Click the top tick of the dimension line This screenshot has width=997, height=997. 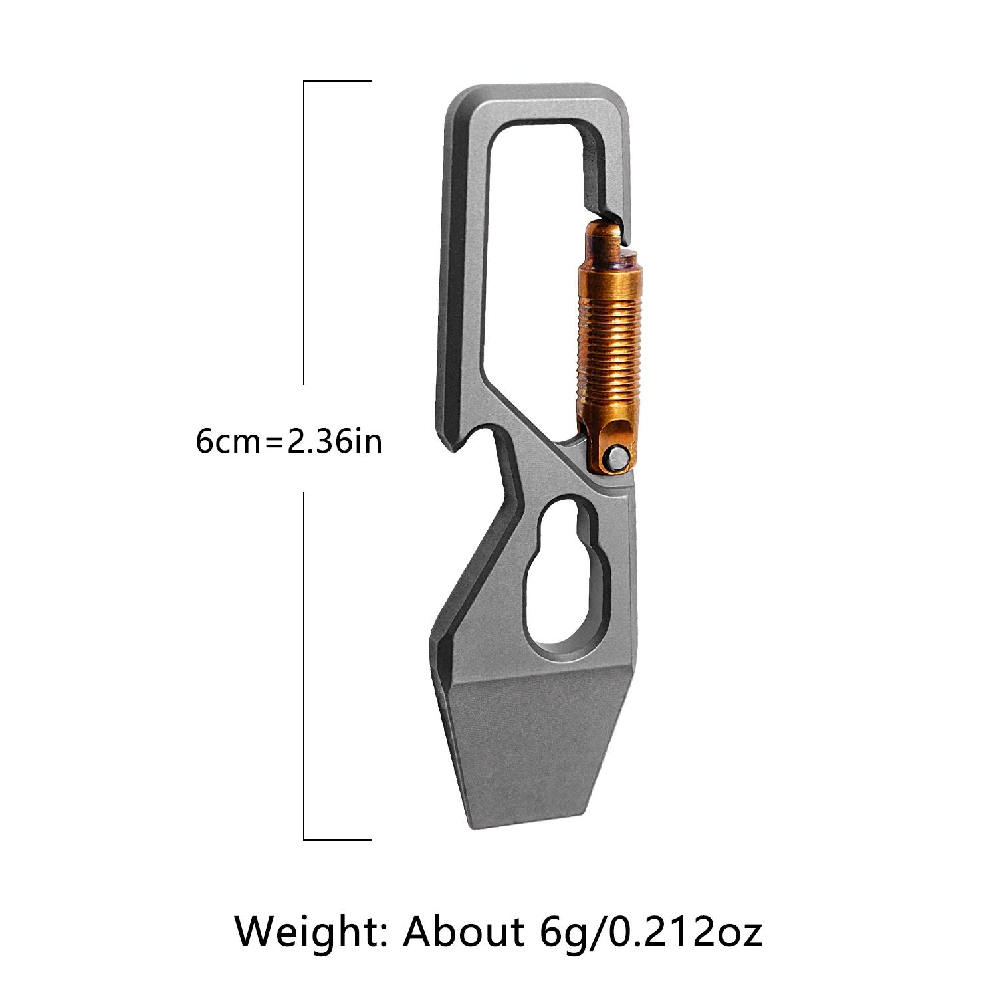[x=337, y=81]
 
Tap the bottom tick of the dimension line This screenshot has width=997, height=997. [x=337, y=839]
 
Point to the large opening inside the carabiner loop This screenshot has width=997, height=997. [x=532, y=266]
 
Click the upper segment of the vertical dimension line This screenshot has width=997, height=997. [x=304, y=233]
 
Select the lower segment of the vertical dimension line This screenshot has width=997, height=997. [x=304, y=665]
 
